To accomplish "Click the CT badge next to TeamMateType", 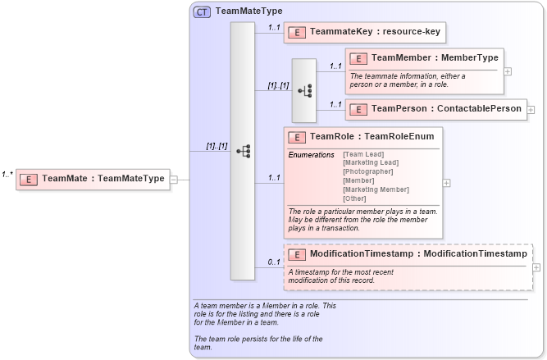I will [x=202, y=12].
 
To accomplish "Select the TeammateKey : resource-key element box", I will [x=365, y=32].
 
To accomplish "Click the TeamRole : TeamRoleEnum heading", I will [x=365, y=137].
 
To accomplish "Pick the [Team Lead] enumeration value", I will [x=362, y=154].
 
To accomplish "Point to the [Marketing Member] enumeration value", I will [x=376, y=189].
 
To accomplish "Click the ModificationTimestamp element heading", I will [x=417, y=254].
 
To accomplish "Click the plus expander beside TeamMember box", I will [x=508, y=71].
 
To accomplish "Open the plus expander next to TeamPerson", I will [x=531, y=109].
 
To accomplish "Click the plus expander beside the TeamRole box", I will [x=446, y=183].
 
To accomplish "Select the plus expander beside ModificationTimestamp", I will [x=536, y=267].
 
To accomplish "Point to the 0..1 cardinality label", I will [x=274, y=262].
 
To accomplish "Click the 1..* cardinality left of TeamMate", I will [x=7, y=175].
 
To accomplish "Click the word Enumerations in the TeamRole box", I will [x=312, y=154].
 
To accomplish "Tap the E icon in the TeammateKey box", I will [x=299, y=33].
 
